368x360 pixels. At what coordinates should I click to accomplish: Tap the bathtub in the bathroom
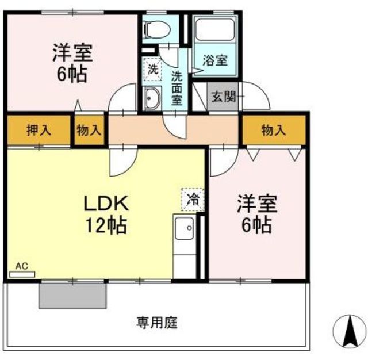coord(215,29)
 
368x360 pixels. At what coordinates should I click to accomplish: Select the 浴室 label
coord(215,60)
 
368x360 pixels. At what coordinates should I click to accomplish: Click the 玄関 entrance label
coord(224,96)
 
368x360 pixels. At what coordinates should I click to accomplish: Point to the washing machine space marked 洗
coord(152,69)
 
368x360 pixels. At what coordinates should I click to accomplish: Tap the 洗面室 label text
coord(177,88)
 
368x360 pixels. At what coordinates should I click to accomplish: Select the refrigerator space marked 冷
coord(193,200)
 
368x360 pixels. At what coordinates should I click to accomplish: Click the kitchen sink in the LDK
coord(185,228)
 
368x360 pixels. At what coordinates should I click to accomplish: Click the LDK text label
coord(106,203)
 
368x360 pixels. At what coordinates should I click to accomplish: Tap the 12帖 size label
coord(106,225)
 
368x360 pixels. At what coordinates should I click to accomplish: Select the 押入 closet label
coord(39,130)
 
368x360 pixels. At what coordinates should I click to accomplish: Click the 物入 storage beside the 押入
coord(89,130)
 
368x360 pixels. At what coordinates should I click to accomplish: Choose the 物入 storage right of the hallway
coord(274,130)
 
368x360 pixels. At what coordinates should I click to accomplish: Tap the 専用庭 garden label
coord(157,323)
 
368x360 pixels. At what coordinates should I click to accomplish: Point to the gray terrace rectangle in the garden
coord(72,296)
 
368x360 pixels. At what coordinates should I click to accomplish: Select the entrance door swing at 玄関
coord(255,95)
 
